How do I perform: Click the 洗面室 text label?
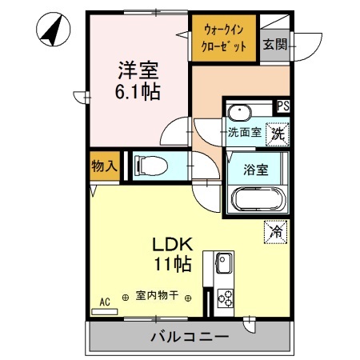[x=244, y=133]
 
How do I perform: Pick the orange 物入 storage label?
[x=104, y=166]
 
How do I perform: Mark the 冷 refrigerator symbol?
[x=276, y=233]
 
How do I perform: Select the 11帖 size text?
[x=171, y=263]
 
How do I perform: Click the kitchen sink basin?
[x=222, y=263]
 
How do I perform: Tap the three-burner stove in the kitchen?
[x=223, y=298]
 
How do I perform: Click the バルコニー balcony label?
[x=190, y=337]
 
